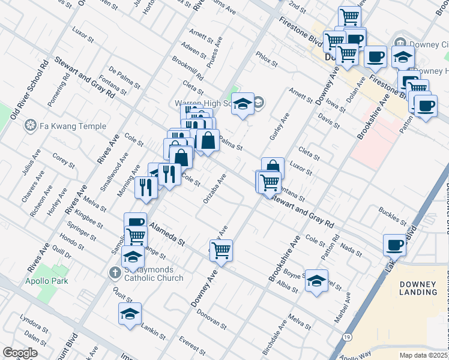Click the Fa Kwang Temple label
coord(71,126)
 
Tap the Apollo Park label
coord(46,280)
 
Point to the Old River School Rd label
coord(29,89)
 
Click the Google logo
coord(20,352)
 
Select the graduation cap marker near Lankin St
coord(129,313)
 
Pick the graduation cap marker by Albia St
coord(316,280)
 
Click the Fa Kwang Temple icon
coord(29,126)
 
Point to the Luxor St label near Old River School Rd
coord(83,34)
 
